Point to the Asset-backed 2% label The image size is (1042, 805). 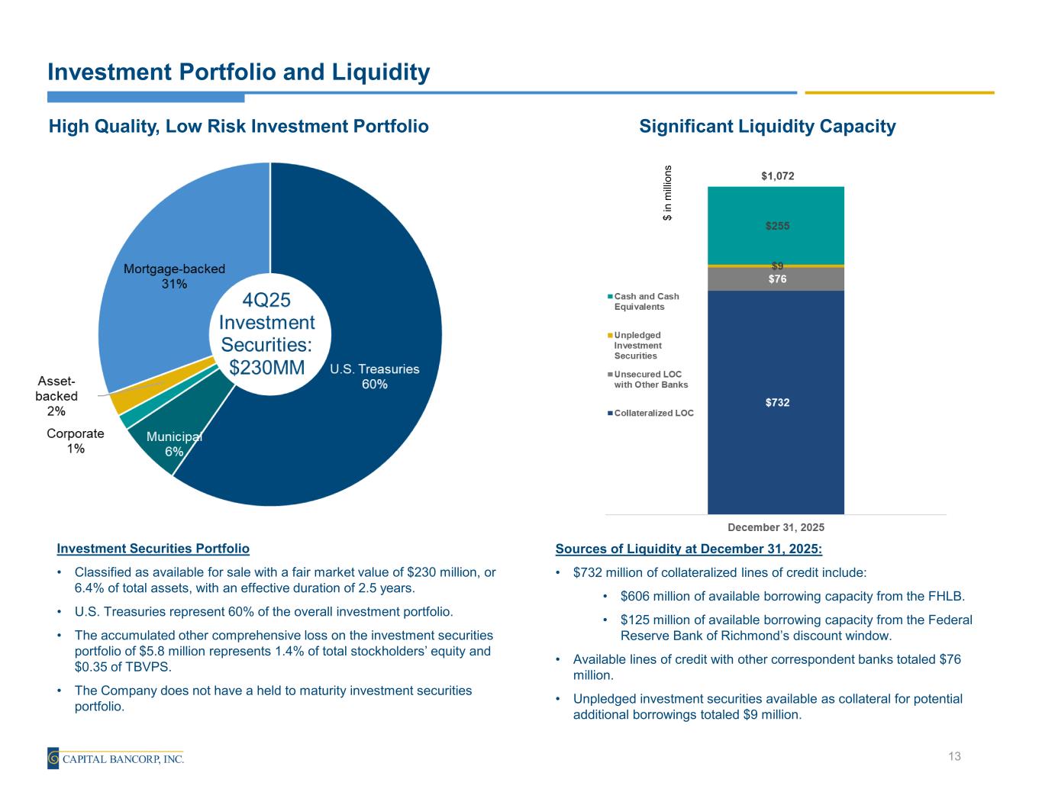pos(56,396)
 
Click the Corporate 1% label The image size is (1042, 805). pos(76,441)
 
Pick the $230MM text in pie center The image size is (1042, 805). pos(266,367)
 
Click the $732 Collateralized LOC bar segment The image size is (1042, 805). pos(776,402)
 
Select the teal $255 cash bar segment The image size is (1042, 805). pos(776,226)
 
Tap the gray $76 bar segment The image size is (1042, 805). pos(776,279)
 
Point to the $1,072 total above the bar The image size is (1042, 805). pos(777,176)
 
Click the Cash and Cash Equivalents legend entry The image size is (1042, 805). pos(646,301)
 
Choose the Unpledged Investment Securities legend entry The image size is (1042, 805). pos(638,345)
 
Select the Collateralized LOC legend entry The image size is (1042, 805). pos(653,413)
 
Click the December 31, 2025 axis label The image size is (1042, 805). pos(776,527)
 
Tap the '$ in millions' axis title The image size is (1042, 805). pos(667,193)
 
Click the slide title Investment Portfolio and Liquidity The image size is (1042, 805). pos(238,72)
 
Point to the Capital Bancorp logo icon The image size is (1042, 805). pos(53,758)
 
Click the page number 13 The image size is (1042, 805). pos(953,756)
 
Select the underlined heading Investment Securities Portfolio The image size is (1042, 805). pos(153,549)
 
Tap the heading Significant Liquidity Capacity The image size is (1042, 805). pos(767,127)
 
